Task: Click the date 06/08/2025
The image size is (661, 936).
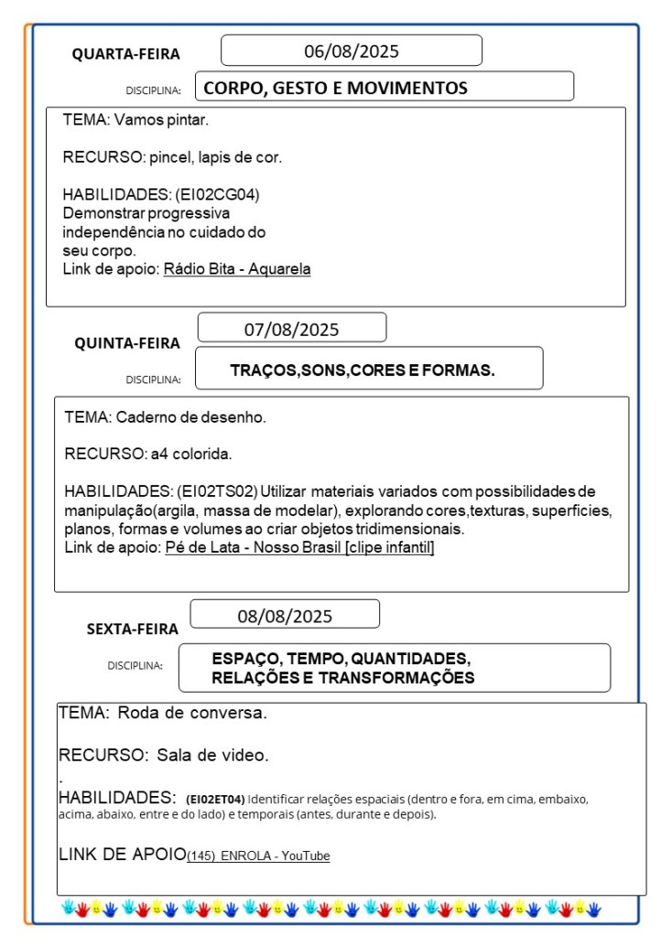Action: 352,51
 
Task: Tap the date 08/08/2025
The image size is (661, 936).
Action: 285,616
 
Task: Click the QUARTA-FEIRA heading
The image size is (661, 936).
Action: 126,54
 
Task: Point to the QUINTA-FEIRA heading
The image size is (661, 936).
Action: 127,343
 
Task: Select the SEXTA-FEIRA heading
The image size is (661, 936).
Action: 133,629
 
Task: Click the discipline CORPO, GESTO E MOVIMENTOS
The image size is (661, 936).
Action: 335,89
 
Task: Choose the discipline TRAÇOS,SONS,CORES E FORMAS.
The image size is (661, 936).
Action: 363,371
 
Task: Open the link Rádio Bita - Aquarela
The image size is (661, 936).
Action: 237,269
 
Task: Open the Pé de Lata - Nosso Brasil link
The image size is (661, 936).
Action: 299,547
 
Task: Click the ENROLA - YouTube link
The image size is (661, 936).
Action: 259,856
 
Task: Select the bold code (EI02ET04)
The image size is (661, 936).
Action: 215,799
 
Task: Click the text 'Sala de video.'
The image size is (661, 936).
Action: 212,756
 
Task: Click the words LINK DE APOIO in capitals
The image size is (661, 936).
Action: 122,855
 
